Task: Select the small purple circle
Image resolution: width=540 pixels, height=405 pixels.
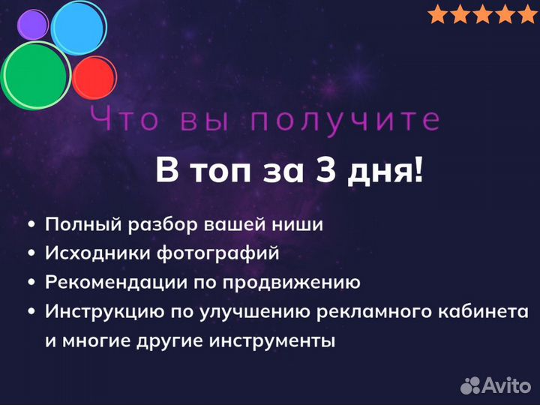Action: coord(32,25)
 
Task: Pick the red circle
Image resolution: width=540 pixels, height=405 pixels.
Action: coord(94,77)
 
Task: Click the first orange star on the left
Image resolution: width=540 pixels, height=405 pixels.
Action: coord(438,14)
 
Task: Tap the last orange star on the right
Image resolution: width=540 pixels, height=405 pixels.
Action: coord(528,14)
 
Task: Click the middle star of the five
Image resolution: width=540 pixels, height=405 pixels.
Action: coord(483,14)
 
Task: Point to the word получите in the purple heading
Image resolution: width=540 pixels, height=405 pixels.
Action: coord(345,119)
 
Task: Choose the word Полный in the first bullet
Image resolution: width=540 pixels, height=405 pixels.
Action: coord(78,224)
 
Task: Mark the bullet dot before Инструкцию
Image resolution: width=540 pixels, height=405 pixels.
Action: coord(31,311)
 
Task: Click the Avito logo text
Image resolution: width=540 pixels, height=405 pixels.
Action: coord(506,385)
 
